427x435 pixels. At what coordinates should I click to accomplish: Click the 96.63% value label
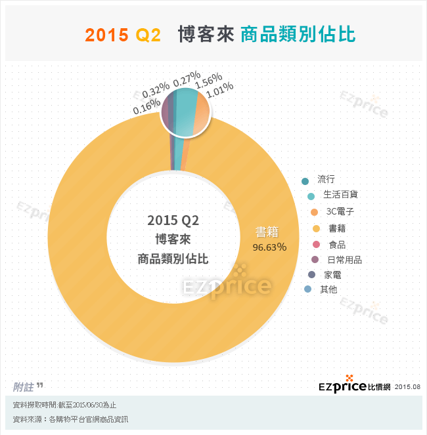coord(269,247)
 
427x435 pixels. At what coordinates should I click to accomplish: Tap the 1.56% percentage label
coord(209,81)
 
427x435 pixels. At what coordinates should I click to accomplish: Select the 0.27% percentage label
coord(186,82)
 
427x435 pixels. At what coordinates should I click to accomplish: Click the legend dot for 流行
coord(305,180)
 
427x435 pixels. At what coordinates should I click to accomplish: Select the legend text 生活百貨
coord(340,195)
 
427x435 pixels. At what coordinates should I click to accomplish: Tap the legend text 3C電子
coord(340,211)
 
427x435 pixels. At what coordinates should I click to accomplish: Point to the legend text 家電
coord(332,275)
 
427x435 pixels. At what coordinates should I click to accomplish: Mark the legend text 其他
coord(328,289)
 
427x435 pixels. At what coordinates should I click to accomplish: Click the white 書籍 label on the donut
coord(267,232)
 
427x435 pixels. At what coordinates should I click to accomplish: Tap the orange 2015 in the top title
coord(106,35)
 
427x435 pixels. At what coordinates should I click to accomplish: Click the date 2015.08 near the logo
coord(407,387)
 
